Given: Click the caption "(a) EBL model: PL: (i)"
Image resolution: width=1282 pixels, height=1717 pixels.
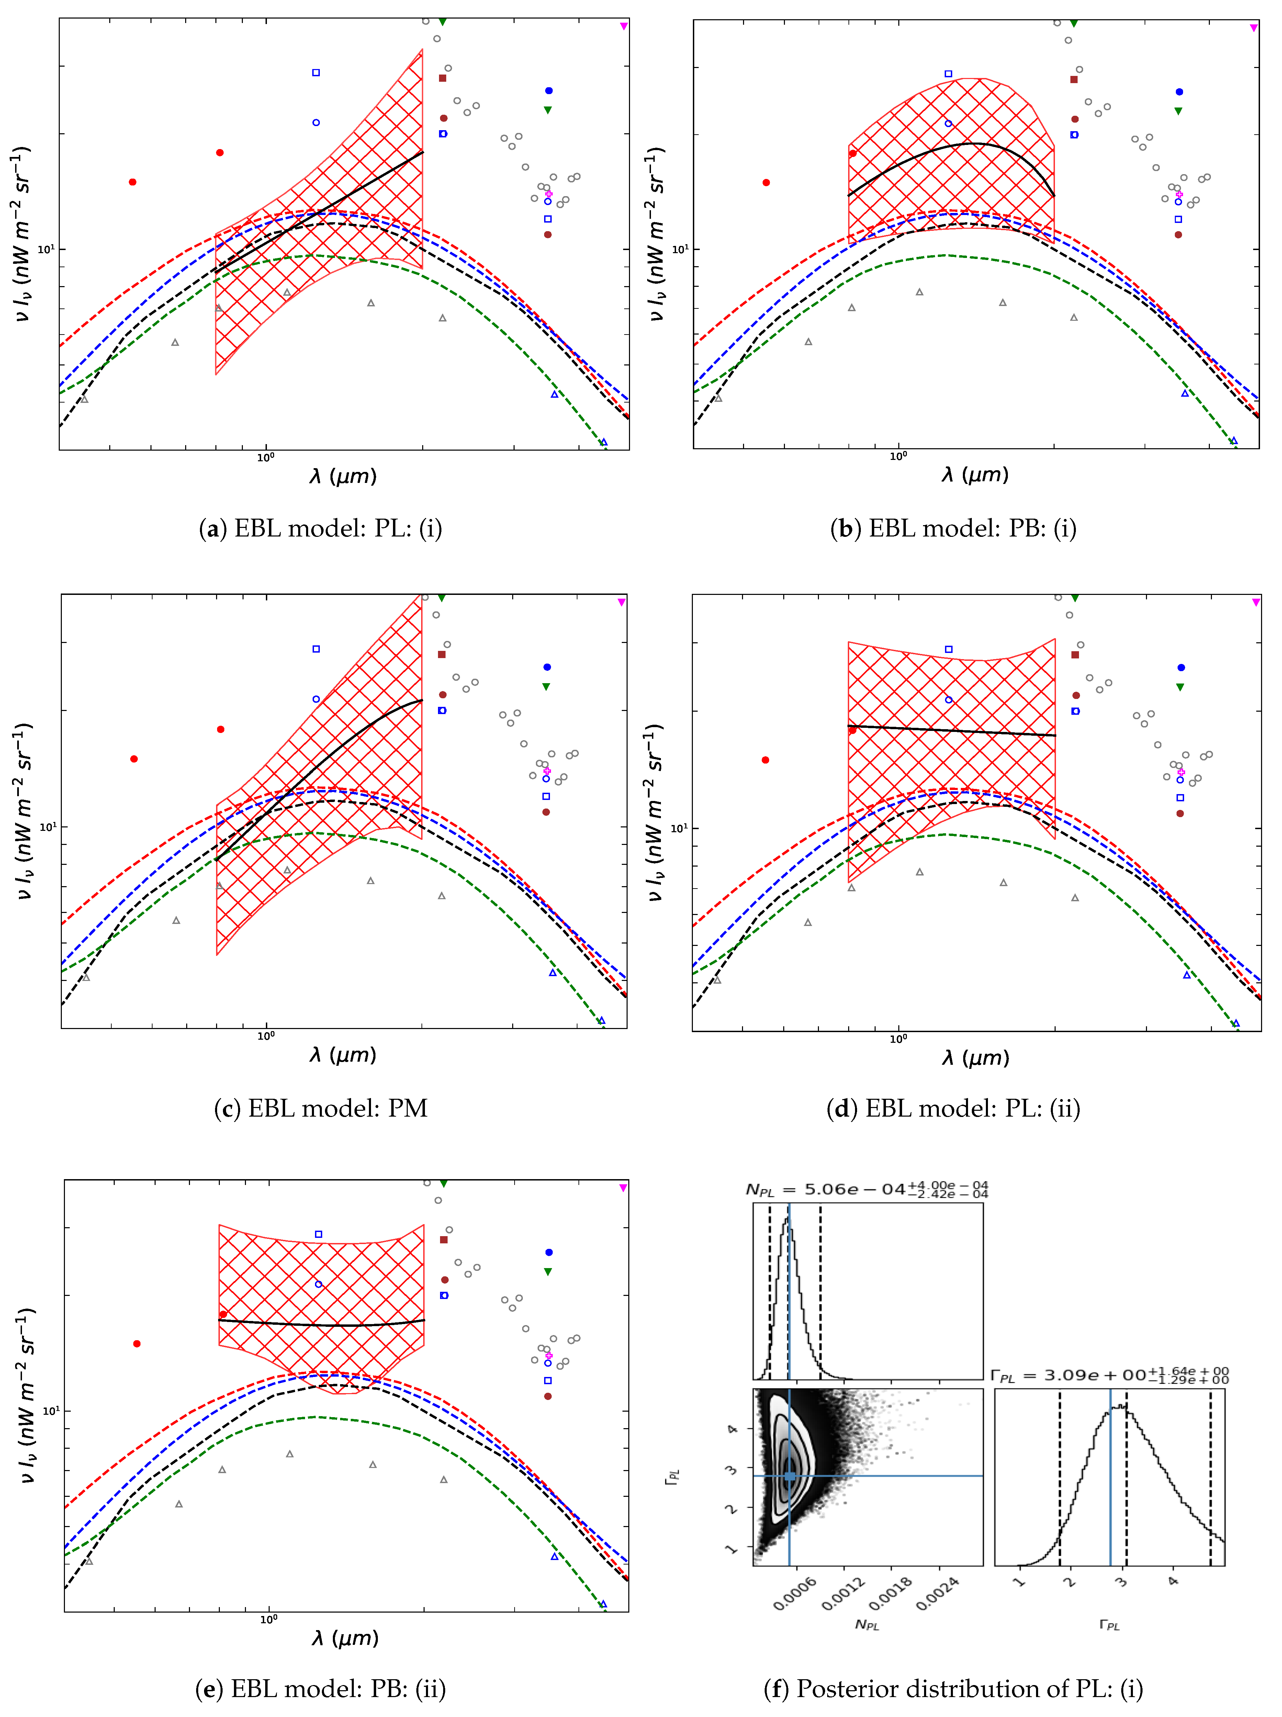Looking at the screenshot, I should (320, 529).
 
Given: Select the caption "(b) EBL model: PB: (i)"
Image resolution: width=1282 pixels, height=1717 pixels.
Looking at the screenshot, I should (953, 529).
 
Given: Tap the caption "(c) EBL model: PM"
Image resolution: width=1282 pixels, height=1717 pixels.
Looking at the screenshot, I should (320, 1109).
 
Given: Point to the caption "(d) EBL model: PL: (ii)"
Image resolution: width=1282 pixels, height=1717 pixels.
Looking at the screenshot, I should (953, 1109).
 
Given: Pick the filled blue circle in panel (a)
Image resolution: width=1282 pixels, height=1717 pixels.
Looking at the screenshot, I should (549, 91).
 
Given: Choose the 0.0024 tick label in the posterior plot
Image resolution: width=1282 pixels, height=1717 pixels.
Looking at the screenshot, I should (937, 1594).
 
